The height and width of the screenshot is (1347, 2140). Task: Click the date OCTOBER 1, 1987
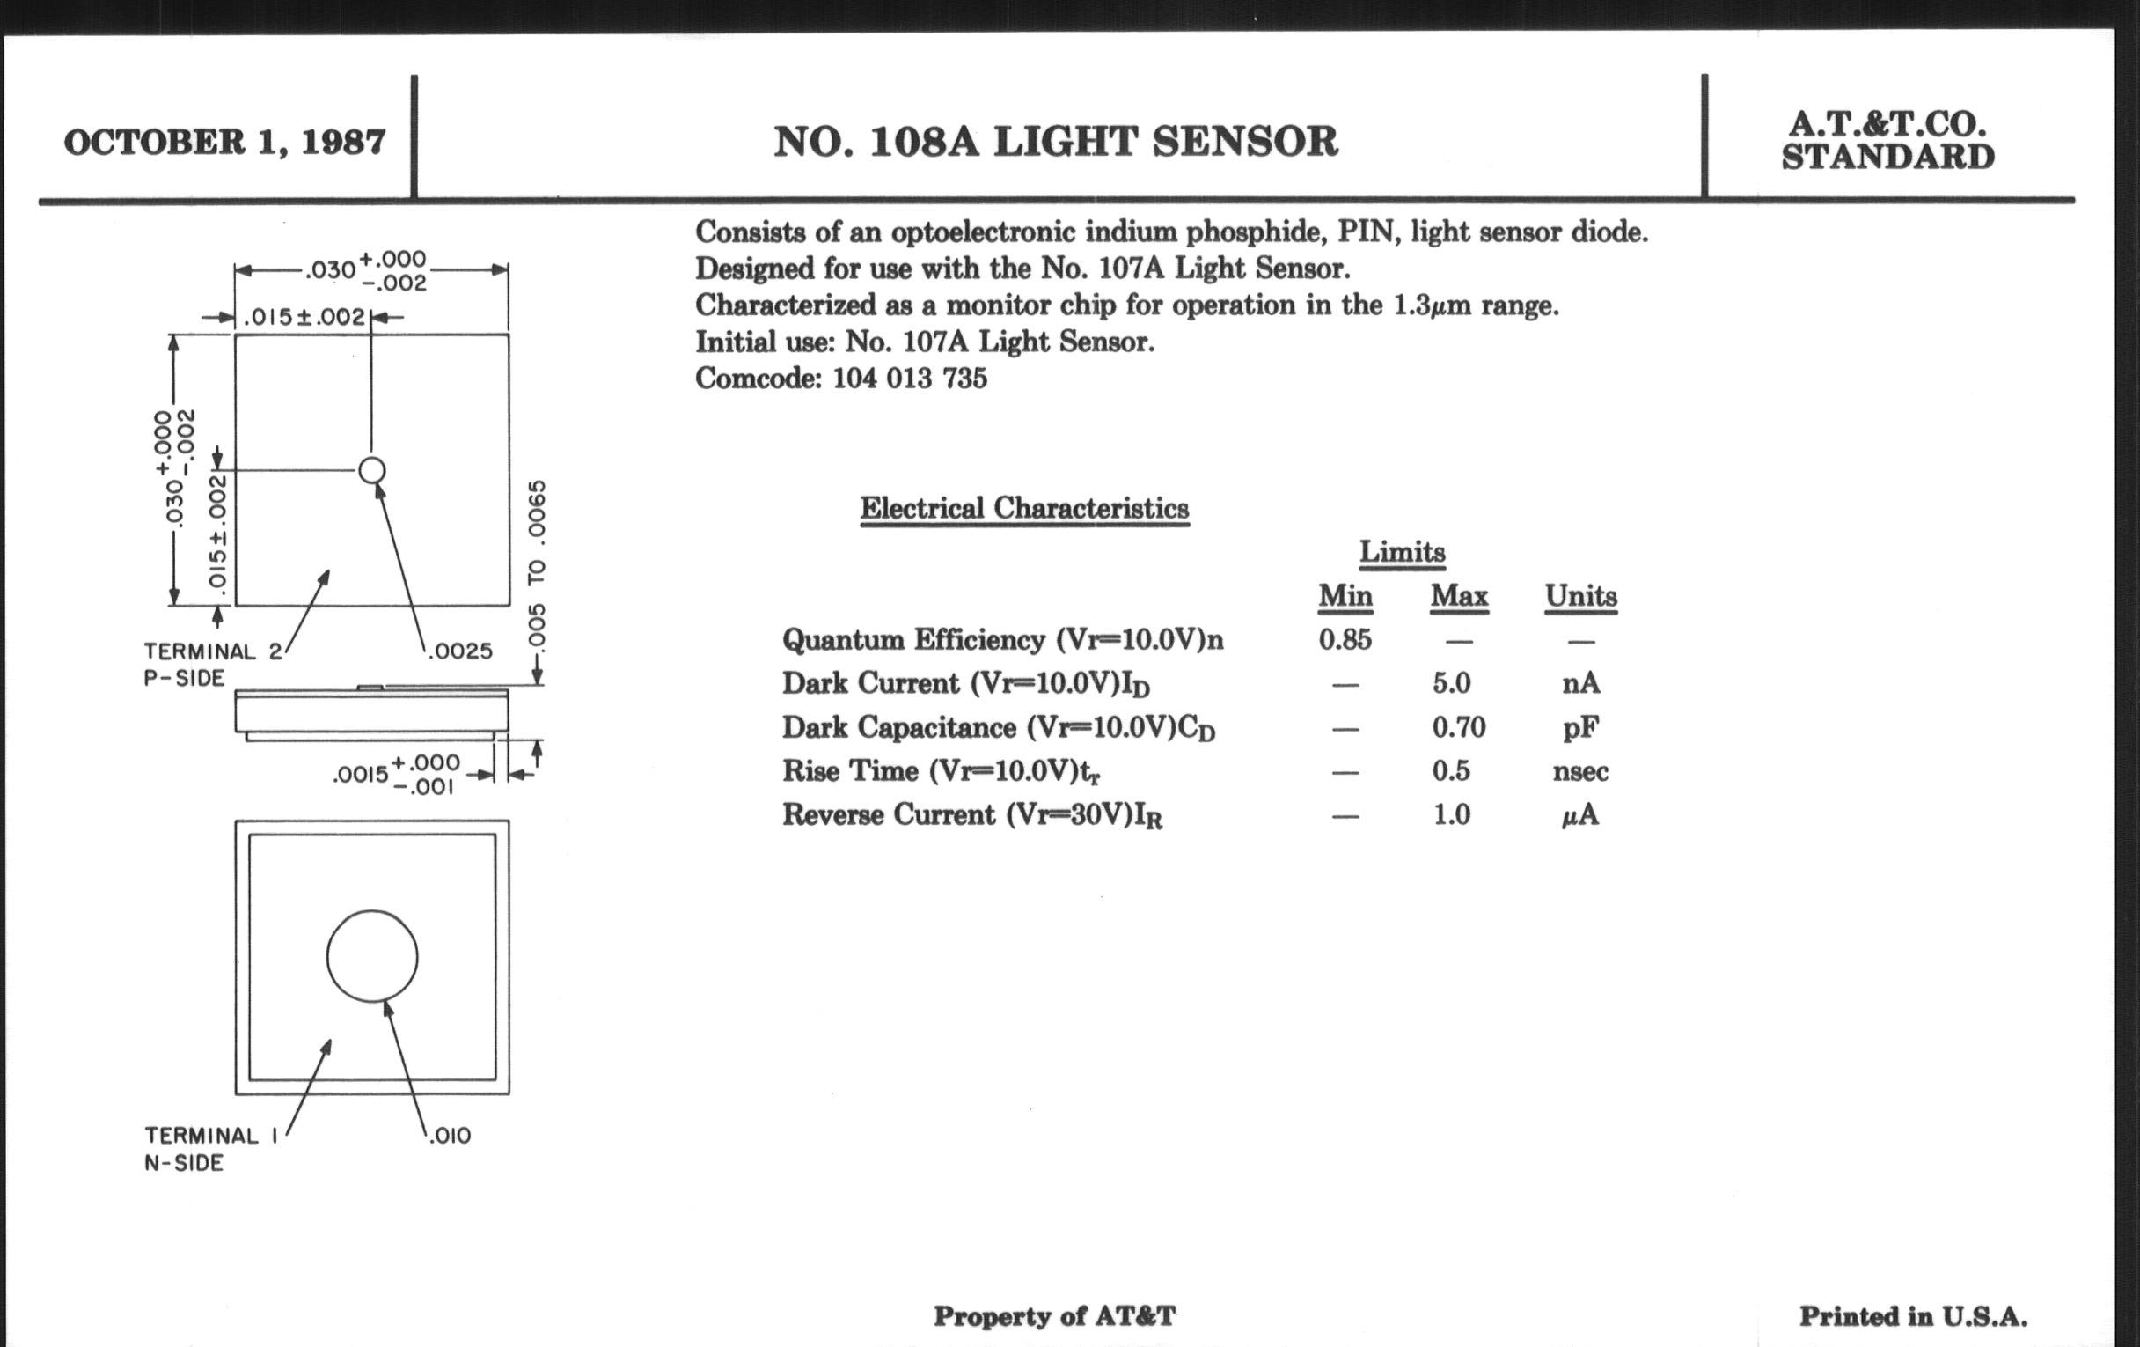tap(225, 143)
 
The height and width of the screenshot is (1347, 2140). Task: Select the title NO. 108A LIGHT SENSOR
tap(1056, 143)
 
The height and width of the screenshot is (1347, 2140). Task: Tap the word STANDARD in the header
tap(1888, 158)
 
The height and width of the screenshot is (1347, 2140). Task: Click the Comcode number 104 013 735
tap(909, 379)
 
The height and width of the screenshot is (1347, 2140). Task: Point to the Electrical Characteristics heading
tap(1024, 508)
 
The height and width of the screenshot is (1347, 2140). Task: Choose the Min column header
tap(1345, 595)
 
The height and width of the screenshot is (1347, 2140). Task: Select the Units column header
tap(1581, 595)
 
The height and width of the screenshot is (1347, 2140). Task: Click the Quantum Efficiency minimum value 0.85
tap(1345, 639)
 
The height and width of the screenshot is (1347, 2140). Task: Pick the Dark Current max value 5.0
tap(1451, 683)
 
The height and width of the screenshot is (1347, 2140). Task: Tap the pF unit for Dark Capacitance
tap(1581, 728)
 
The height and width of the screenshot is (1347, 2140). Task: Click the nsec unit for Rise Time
tap(1581, 772)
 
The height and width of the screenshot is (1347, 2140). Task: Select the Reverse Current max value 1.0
tap(1451, 814)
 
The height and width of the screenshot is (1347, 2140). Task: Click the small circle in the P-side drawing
tap(371, 458)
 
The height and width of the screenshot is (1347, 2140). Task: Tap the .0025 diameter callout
tap(460, 651)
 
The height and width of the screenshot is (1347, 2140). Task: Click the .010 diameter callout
tap(450, 1136)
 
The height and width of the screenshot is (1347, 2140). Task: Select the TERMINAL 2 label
tap(213, 651)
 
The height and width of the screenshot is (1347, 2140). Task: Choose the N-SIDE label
tap(184, 1163)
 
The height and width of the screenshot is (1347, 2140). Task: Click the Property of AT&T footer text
tap(1055, 1316)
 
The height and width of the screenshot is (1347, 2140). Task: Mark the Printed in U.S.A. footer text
tap(1913, 1316)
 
